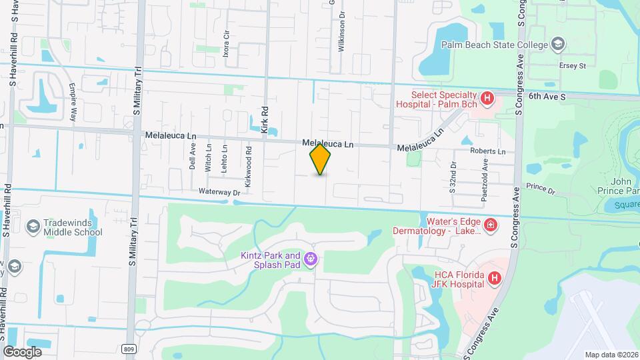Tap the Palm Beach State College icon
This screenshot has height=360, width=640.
pos(558,45)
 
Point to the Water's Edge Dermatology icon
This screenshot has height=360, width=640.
pos(491,225)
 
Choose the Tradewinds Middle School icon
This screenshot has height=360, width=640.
pos(31,227)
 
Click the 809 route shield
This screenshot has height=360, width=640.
pos(129,348)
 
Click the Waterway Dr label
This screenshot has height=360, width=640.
pos(219,192)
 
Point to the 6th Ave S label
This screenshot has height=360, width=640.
pos(547,97)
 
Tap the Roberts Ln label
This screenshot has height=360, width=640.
pos(488,151)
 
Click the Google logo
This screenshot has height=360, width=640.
pos(22,351)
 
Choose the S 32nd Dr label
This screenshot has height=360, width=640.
pos(452,177)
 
